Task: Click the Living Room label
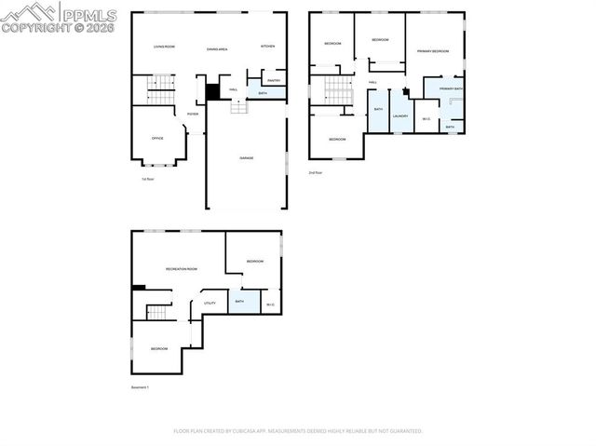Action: [x=164, y=47]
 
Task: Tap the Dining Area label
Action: [x=217, y=47]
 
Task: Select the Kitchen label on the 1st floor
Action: [x=267, y=47]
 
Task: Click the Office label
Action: [x=157, y=138]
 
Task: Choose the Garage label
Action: [x=246, y=158]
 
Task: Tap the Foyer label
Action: [x=193, y=114]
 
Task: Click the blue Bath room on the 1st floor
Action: [x=264, y=93]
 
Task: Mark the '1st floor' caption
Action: [x=146, y=179]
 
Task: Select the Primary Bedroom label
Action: [x=433, y=50]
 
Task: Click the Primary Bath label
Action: [x=451, y=89]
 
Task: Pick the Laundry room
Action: [x=400, y=115]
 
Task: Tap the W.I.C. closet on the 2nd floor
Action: [x=426, y=118]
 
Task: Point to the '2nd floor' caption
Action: [x=316, y=172]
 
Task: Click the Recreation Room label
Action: [x=181, y=269]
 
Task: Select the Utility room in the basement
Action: [x=210, y=303]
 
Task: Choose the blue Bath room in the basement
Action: [x=240, y=302]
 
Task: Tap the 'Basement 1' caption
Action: [x=140, y=385]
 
